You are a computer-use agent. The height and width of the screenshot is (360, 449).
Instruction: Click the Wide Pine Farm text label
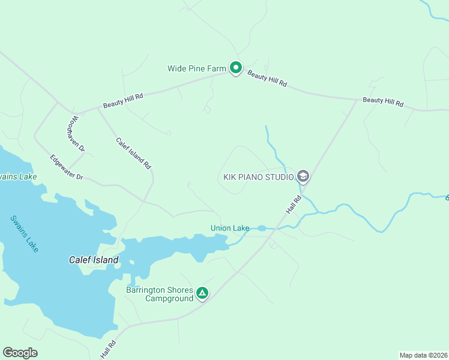point(196,68)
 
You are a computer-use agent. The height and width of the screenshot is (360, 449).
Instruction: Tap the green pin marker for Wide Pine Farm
point(236,68)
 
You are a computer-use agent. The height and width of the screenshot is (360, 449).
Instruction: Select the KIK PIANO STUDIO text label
point(258,177)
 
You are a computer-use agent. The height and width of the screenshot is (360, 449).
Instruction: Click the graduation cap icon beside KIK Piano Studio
point(303,176)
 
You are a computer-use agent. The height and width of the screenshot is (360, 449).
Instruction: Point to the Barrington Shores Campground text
point(160,294)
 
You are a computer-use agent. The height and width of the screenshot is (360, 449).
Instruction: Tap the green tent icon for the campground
point(203,293)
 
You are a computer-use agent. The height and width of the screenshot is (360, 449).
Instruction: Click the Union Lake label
point(230,228)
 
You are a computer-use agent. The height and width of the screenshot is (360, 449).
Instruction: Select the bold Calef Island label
point(93,260)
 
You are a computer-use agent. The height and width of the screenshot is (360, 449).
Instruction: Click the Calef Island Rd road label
point(133,153)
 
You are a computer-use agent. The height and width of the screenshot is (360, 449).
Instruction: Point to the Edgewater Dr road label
point(66,168)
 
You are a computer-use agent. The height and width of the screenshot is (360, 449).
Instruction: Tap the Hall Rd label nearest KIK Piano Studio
point(292,205)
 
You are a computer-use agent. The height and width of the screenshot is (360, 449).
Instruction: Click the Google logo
point(20,353)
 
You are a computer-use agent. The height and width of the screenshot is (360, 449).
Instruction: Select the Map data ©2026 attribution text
point(423,355)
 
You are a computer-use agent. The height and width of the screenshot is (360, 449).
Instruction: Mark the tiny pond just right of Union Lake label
point(262,228)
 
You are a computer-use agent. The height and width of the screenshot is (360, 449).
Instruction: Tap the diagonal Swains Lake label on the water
point(25,233)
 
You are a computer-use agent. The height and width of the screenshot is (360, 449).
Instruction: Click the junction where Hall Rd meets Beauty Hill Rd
point(357,100)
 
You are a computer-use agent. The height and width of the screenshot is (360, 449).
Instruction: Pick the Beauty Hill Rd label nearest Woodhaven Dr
point(123,100)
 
